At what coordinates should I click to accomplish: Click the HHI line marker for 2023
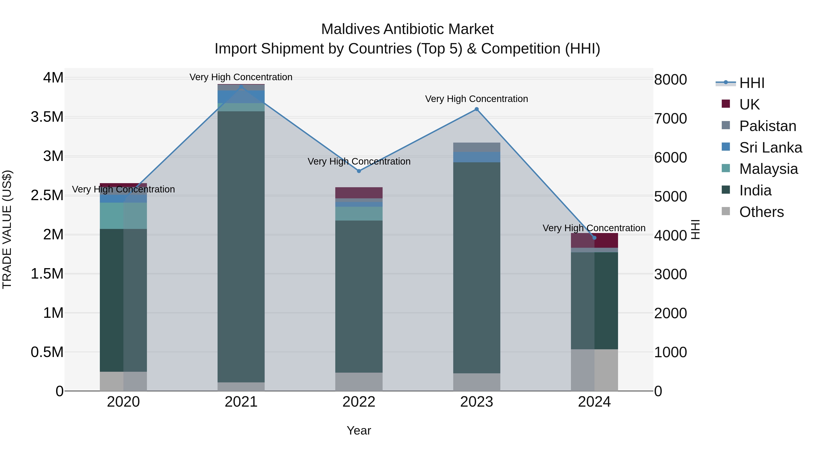[x=477, y=109]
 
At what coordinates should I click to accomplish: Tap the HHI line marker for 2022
[x=359, y=171]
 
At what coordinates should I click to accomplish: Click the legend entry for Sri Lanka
[x=770, y=148]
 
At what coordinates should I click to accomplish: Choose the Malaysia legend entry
[x=768, y=169]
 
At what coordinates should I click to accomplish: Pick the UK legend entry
[x=749, y=104]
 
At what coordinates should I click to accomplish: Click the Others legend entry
[x=761, y=212]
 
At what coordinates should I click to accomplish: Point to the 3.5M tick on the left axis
[x=47, y=117]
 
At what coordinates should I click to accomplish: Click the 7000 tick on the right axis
[x=670, y=119]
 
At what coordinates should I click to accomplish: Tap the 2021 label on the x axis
[x=241, y=402]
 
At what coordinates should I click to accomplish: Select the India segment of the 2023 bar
[x=477, y=268]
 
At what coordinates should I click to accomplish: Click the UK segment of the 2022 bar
[x=359, y=193]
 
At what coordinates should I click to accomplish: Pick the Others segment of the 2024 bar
[x=594, y=370]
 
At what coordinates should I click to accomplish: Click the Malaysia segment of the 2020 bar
[x=123, y=216]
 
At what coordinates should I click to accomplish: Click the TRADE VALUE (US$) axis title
[x=7, y=229]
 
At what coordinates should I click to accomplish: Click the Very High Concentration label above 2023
[x=477, y=99]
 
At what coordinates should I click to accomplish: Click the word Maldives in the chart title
[x=350, y=29]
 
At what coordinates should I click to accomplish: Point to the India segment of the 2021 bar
[x=241, y=247]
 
